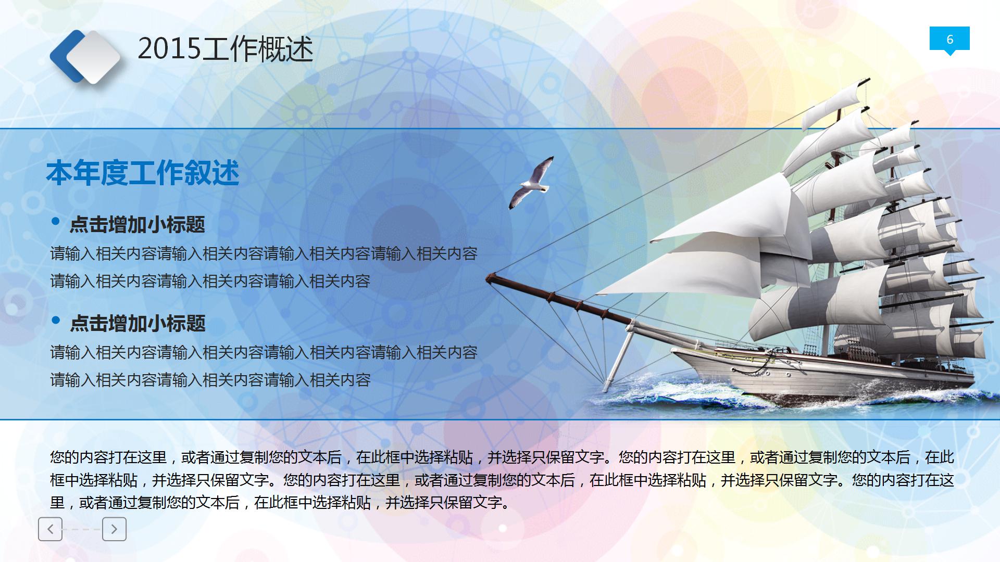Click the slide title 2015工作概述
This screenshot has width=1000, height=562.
[x=225, y=49]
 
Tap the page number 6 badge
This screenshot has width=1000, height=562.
[x=949, y=40]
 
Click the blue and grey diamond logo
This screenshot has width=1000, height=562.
[x=85, y=57]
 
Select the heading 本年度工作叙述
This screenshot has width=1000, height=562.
[x=143, y=173]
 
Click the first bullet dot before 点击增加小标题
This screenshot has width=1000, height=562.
[x=56, y=222]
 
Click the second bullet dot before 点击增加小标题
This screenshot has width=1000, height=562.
[x=56, y=321]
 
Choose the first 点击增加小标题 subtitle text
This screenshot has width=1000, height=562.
[x=137, y=225]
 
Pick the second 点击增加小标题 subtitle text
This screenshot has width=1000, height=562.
[x=137, y=324]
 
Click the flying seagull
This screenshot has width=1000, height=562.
[x=531, y=183]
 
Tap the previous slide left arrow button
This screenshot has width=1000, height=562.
[x=50, y=529]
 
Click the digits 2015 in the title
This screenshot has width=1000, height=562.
[x=169, y=49]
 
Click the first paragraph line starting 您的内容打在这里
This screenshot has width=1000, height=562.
[x=502, y=457]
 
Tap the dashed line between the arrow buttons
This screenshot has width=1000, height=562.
[x=82, y=529]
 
